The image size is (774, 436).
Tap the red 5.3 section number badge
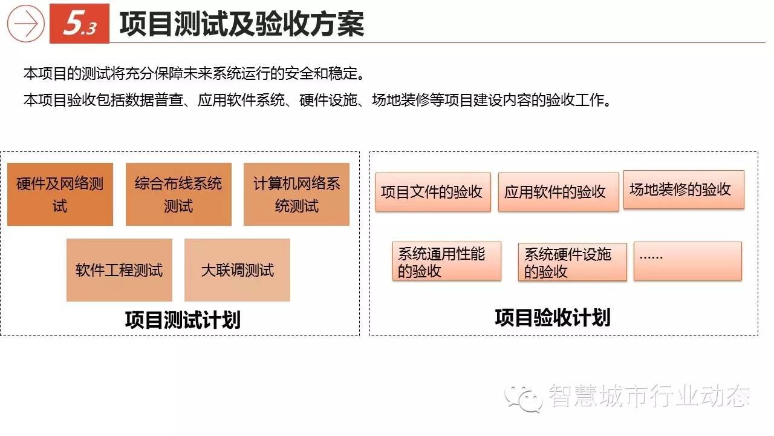click(x=79, y=24)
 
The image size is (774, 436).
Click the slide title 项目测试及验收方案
click(x=242, y=24)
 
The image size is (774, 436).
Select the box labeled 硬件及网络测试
click(x=60, y=194)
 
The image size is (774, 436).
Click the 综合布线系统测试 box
click(x=178, y=194)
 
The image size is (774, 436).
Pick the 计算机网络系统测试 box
click(x=296, y=194)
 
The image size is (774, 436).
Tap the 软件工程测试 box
click(x=120, y=270)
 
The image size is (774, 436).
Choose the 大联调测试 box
click(x=238, y=270)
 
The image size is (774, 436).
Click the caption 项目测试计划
click(x=183, y=320)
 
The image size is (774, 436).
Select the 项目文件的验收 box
click(x=434, y=192)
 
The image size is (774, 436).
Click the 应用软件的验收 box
click(x=558, y=192)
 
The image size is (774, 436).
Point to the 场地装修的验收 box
click(x=684, y=190)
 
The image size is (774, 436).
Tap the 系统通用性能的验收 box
click(x=447, y=261)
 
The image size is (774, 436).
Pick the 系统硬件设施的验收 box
click(x=573, y=262)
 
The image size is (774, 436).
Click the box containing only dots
click(x=688, y=261)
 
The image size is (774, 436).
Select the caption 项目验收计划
click(x=553, y=318)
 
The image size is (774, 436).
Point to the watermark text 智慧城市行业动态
click(x=649, y=396)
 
